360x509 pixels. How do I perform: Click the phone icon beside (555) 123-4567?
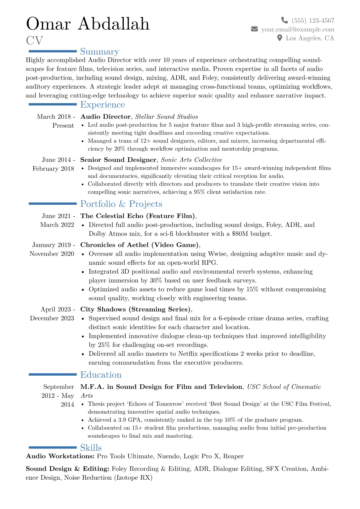tap(284, 20)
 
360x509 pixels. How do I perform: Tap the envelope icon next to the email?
tap(254, 29)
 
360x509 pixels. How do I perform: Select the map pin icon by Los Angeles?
tap(280, 38)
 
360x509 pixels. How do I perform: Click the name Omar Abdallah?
tap(88, 24)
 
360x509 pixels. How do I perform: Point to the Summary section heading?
tap(100, 52)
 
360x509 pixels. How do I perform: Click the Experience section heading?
tap(103, 105)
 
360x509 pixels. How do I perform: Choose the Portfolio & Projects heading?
tap(121, 204)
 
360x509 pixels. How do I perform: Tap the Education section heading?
tap(101, 375)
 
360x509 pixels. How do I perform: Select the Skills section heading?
tap(91, 448)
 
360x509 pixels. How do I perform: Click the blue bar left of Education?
tap(53, 375)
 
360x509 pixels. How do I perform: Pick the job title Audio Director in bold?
tap(105, 117)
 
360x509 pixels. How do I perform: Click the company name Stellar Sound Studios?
tap(166, 117)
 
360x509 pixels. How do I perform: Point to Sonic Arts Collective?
tap(191, 160)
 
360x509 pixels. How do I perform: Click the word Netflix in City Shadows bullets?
tap(188, 354)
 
